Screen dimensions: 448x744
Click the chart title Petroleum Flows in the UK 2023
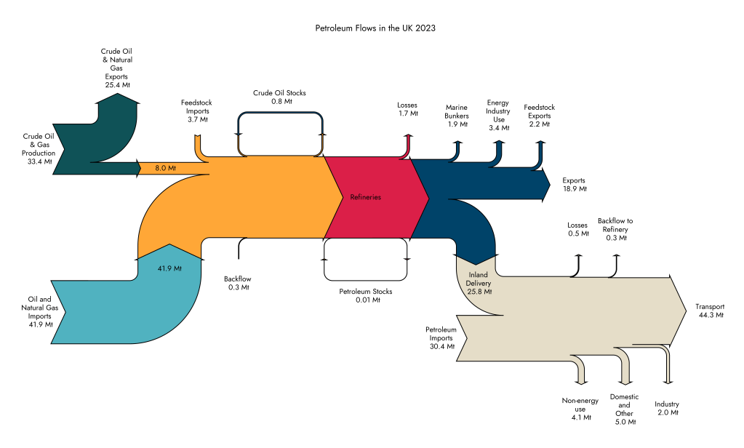coord(375,28)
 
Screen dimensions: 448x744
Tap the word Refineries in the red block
coord(366,197)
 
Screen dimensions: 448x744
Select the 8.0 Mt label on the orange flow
coord(166,168)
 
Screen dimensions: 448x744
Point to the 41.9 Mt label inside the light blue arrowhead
coord(169,268)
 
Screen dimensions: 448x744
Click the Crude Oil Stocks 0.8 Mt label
coord(279,97)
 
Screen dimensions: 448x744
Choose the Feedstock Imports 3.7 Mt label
coord(196,111)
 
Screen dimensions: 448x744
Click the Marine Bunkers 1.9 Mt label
coord(457,115)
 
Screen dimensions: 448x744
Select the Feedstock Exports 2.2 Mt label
coord(539,116)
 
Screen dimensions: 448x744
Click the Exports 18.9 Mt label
coord(574,184)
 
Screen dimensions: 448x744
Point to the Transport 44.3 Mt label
coord(709,311)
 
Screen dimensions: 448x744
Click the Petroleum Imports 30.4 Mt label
coord(441,337)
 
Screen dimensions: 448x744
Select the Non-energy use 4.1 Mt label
coord(580,409)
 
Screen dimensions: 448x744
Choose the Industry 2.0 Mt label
coord(666,408)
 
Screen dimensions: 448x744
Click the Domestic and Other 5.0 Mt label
coord(624,409)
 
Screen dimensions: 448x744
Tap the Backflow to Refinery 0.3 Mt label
coord(615,229)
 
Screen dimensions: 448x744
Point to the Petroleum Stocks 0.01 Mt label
coord(366,295)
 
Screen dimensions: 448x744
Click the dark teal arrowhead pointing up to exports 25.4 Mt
coord(117,106)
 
